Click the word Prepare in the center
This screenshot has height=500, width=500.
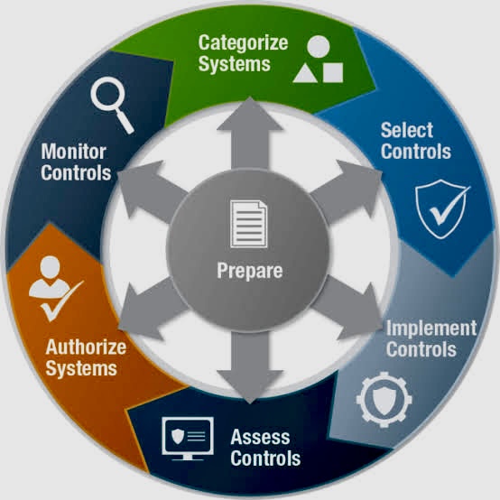[250, 272]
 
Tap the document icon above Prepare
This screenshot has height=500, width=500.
[249, 224]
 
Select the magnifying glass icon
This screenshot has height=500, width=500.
[112, 104]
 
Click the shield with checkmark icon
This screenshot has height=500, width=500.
[442, 209]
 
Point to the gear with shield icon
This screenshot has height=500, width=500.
[384, 399]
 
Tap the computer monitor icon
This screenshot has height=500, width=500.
[188, 438]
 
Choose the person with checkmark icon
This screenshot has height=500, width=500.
[55, 288]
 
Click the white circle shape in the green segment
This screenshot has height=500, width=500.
[318, 47]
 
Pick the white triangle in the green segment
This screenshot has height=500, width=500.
[305, 73]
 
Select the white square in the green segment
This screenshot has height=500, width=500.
[333, 72]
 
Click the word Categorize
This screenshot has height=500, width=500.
[243, 43]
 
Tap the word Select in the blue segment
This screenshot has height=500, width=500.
[407, 130]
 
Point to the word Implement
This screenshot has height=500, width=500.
[431, 329]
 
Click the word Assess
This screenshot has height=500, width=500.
[260, 437]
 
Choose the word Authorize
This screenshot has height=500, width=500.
[86, 347]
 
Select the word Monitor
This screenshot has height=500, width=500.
[74, 152]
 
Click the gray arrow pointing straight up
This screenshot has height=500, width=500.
[250, 134]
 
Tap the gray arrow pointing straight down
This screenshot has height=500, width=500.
[250, 366]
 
